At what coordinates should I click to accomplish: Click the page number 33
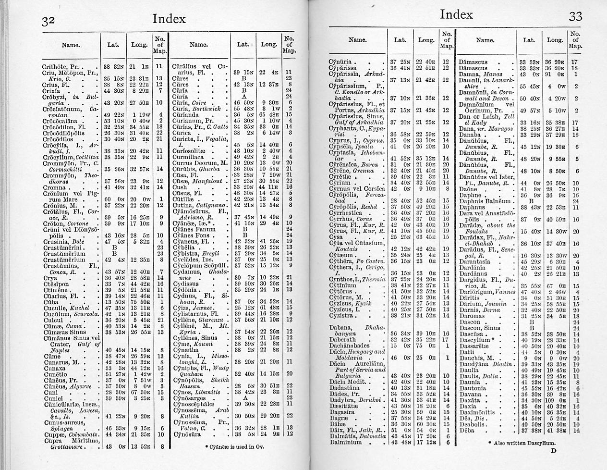point(575,17)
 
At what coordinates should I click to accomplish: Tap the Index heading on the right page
point(456,14)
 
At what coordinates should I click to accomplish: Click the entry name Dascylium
point(474,340)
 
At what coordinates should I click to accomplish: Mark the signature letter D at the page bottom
point(553,450)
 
